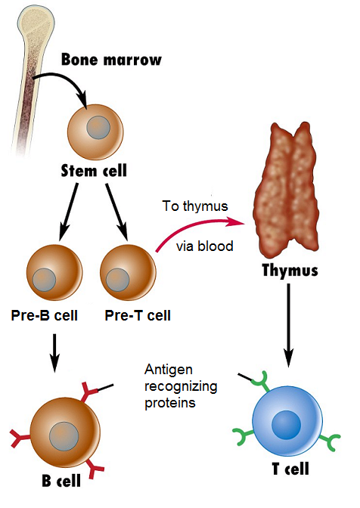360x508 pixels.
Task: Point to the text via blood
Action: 204,246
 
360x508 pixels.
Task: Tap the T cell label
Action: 289,469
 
